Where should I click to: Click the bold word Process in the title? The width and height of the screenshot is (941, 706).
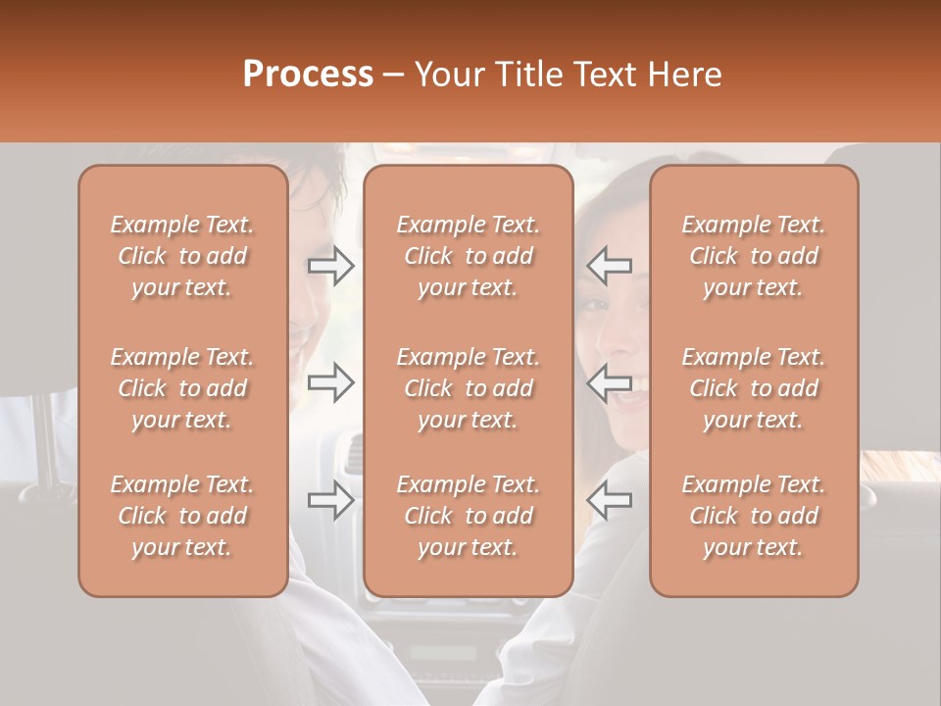(x=308, y=75)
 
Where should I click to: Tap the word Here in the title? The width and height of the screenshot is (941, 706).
(x=687, y=75)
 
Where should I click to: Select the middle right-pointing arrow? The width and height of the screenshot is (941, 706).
(x=331, y=383)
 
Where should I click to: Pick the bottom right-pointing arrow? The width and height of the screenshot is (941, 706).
(x=331, y=500)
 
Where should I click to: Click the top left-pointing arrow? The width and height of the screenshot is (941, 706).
(x=610, y=266)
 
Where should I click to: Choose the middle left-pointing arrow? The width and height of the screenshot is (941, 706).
(x=610, y=382)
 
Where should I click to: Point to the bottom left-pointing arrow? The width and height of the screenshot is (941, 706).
(x=610, y=500)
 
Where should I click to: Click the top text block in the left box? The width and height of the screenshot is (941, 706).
(x=182, y=256)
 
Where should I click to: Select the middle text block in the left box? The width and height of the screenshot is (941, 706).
(x=182, y=388)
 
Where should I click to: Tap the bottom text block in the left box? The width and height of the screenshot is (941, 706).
(x=182, y=516)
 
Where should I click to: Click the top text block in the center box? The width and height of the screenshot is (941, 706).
(x=468, y=256)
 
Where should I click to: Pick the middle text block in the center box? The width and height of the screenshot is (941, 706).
(x=468, y=388)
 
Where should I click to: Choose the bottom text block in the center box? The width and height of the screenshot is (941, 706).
(x=468, y=516)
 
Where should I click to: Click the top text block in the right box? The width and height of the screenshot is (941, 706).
(x=753, y=256)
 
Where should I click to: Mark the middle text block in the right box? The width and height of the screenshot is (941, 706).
(x=753, y=388)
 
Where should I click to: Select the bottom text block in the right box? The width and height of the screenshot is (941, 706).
(x=753, y=516)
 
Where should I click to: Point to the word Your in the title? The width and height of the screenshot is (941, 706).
(x=446, y=75)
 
